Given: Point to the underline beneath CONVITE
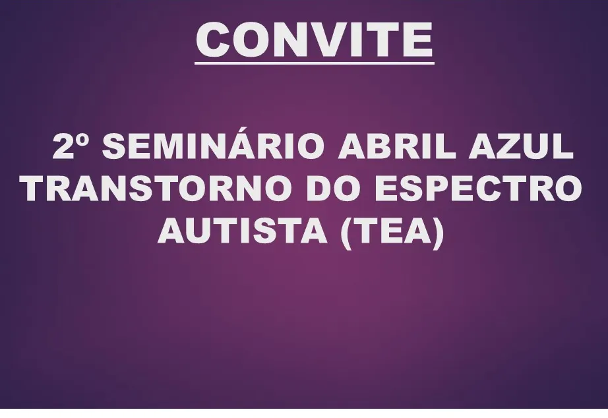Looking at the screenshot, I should click(315, 63).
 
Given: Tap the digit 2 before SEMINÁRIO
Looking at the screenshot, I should click(64, 148).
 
